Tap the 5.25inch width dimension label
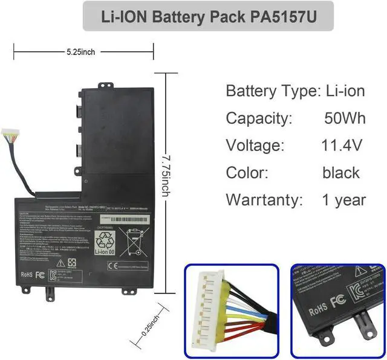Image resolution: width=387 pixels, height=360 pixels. point(80,52)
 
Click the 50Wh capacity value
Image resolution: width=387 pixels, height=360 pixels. point(344,118)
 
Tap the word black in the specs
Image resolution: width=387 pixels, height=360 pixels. point(341,172)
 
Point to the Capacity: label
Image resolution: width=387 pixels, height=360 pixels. point(259,118)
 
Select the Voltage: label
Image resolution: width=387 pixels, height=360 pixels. point(255,145)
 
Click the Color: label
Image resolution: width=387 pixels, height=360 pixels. point(247,172)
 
